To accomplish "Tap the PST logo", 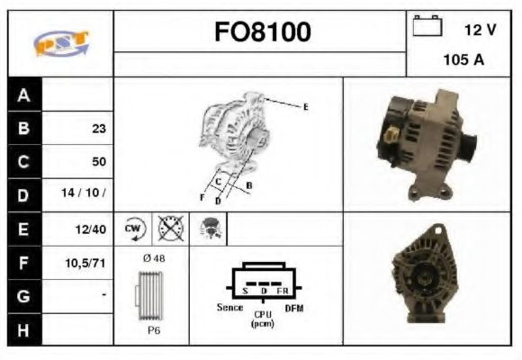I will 60,43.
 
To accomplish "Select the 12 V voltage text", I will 481,30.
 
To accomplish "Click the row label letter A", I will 23,95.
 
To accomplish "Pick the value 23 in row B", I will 98,129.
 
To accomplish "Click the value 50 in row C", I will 98,162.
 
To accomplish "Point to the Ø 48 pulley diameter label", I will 154,258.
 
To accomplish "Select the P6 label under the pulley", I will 154,330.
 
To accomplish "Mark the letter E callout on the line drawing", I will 305,107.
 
